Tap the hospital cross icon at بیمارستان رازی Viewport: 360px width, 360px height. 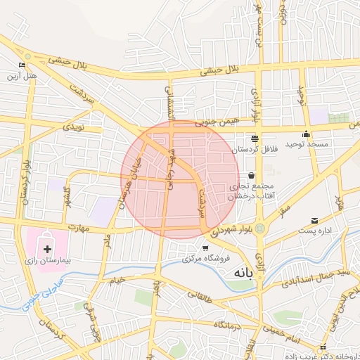[x=47, y=249]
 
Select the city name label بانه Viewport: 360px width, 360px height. [x=236, y=271]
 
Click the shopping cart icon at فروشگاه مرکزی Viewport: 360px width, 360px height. [x=205, y=247]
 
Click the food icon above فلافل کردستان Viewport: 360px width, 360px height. [x=254, y=139]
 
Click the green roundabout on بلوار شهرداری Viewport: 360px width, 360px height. [x=260, y=229]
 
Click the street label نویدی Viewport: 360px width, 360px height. [x=73, y=127]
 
